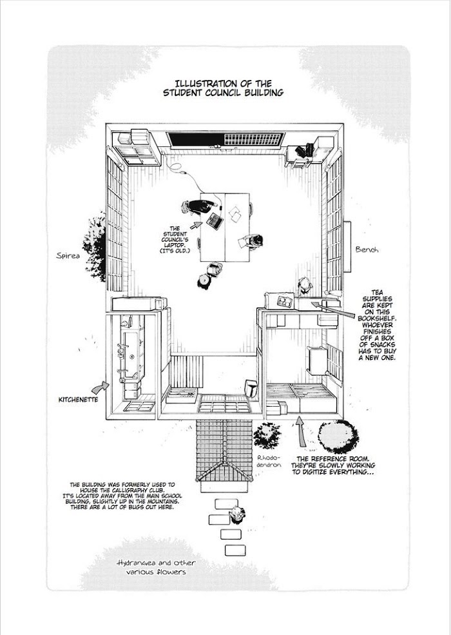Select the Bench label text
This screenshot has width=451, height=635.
click(368, 248)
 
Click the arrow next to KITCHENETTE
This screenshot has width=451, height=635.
click(101, 386)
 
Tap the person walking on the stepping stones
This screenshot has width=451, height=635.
click(237, 514)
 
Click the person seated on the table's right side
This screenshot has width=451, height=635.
click(253, 240)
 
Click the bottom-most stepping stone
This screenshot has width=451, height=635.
click(231, 549)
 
